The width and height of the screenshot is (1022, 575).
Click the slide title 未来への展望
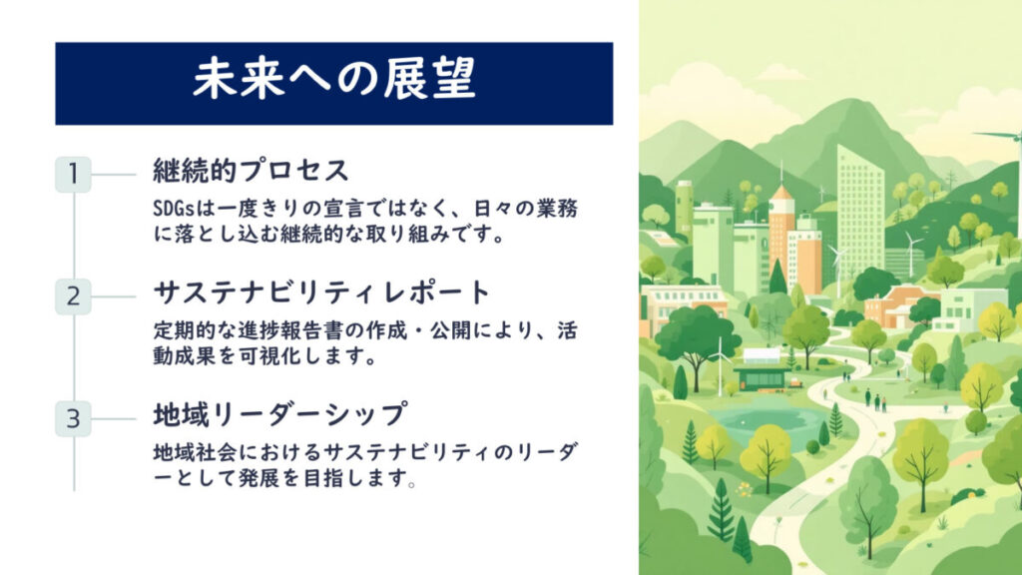[x=333, y=79]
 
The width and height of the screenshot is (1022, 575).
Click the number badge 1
[x=73, y=174]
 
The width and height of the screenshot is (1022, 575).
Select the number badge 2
[x=73, y=296]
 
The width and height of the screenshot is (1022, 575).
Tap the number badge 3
[x=73, y=418]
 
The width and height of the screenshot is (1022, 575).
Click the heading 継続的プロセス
[x=251, y=171]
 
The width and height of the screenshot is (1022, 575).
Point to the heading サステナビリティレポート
[x=321, y=292]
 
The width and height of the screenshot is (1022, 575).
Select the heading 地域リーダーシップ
[x=280, y=415]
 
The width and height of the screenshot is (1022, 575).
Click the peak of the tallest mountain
[x=848, y=101]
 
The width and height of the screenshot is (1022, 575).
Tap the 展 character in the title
[x=405, y=79]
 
